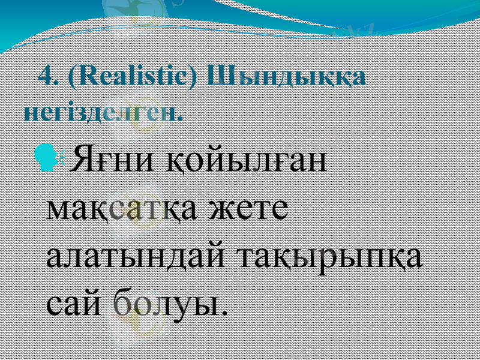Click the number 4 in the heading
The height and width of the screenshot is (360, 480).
(x=44, y=77)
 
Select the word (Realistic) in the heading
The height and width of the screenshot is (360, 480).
(x=134, y=78)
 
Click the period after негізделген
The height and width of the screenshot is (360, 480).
(x=180, y=118)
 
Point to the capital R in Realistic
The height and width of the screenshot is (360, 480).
(x=86, y=77)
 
